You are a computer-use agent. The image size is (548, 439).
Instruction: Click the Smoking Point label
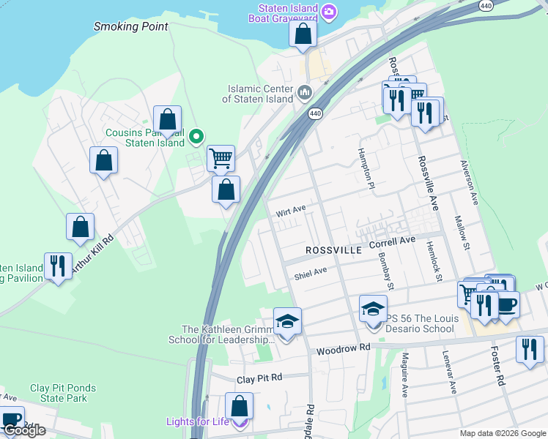click(131, 26)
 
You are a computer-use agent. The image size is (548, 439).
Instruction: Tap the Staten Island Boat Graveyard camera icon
click(330, 11)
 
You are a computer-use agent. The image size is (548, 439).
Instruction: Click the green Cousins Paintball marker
click(196, 136)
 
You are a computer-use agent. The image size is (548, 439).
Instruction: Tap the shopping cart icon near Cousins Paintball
click(221, 157)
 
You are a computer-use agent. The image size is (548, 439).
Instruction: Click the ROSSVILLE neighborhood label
click(333, 250)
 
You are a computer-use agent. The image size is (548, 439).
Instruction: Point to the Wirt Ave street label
click(290, 211)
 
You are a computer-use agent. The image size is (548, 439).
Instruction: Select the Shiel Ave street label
click(310, 275)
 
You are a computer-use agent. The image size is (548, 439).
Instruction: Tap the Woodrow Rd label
click(343, 350)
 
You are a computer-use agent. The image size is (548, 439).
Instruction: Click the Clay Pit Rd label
click(259, 379)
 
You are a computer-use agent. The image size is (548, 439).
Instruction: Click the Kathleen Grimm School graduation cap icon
click(287, 321)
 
